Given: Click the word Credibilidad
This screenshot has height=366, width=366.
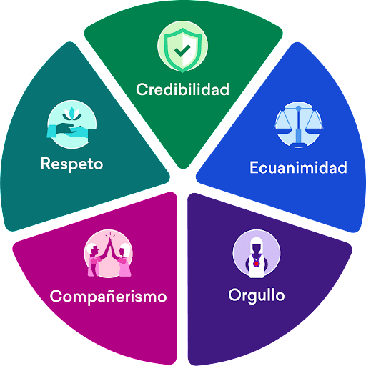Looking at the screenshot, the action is point(182,89).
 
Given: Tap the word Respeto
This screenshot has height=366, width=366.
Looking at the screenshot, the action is point(71,164).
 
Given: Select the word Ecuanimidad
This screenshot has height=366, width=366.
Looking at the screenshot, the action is point(298,167).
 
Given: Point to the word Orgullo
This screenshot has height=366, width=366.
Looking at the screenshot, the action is point(257,295).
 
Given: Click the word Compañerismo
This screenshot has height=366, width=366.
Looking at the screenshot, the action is point(108,297).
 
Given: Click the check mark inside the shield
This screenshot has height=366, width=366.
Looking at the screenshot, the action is point(182,51).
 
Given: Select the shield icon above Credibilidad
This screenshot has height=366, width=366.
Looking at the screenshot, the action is point(182,49).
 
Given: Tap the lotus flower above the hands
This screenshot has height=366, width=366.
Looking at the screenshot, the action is point(72,114).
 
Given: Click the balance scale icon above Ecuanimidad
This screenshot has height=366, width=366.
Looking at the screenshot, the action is point(298,125).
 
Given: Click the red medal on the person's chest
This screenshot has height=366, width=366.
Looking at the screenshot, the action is point(256,264).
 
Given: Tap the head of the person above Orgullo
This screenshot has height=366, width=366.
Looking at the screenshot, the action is point(257,246).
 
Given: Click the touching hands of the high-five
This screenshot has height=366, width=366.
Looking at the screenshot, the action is point(109,244).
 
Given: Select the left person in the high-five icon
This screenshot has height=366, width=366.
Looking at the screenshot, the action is point(95,261).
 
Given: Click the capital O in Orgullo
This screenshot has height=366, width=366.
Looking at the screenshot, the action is point(234,295).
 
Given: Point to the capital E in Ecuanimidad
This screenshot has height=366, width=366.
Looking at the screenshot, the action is point(254,167).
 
